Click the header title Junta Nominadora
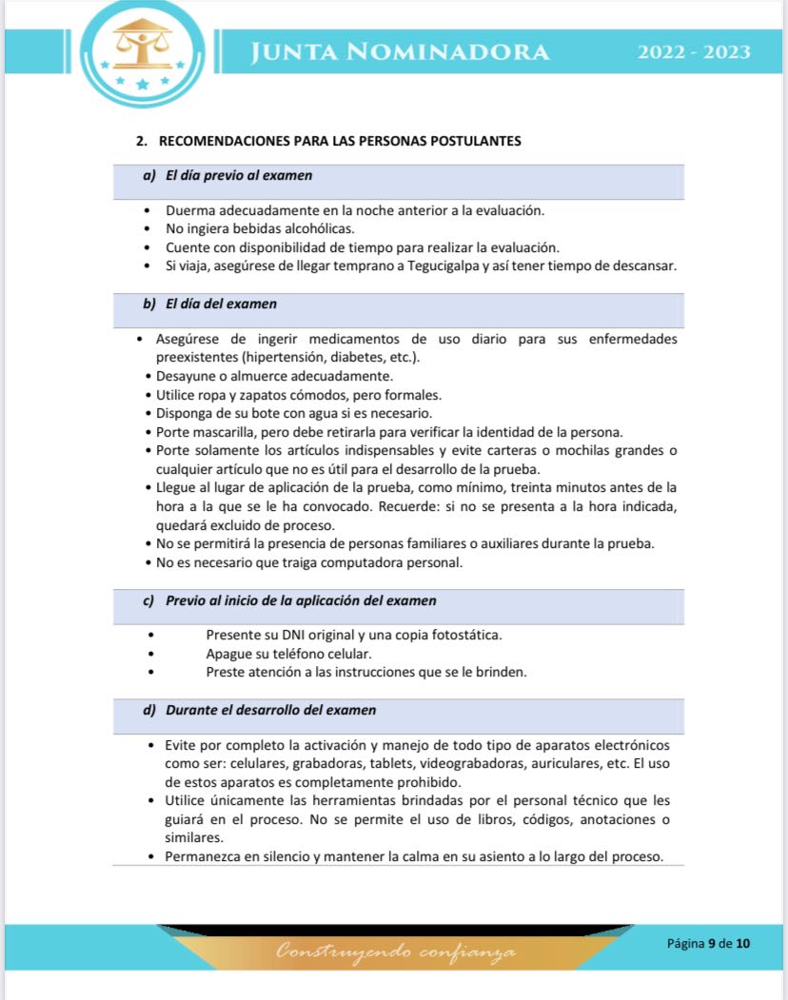[399, 51]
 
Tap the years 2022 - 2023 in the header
[693, 51]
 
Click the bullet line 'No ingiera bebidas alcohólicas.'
[260, 228]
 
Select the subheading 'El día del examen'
[221, 304]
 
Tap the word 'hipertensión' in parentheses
[287, 357]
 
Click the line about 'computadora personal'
[309, 562]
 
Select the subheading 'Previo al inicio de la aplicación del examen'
[301, 600]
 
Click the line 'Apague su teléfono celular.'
[288, 654]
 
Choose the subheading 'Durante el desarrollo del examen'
[270, 710]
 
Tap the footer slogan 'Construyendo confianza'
[396, 951]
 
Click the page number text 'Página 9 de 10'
[708, 943]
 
